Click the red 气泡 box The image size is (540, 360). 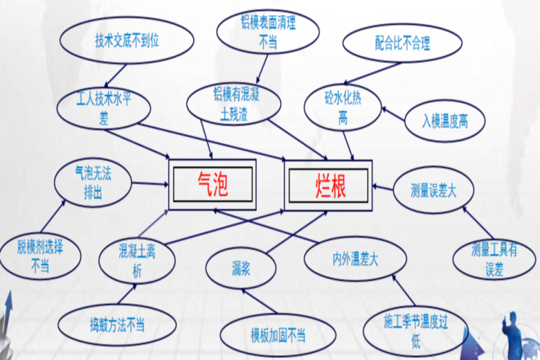pyautogui.click(x=212, y=184)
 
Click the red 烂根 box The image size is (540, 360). pyautogui.click(x=328, y=185)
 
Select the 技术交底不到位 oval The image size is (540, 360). pyautogui.click(x=126, y=40)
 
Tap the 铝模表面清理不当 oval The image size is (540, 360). pyautogui.click(x=268, y=32)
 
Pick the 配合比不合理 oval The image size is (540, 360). pyautogui.click(x=402, y=43)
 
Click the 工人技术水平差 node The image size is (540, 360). pyautogui.click(x=104, y=108)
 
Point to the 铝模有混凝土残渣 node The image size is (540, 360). pyautogui.click(x=234, y=103)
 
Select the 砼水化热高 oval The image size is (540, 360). pyautogui.click(x=342, y=108)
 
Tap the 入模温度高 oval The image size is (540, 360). pyautogui.click(x=445, y=121)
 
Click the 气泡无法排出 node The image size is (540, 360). pyautogui.click(x=93, y=182)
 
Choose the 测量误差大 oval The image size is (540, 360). pyautogui.click(x=433, y=190)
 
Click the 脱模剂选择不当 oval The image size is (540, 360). pyautogui.click(x=40, y=256)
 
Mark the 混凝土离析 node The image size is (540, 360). pyautogui.click(x=137, y=260)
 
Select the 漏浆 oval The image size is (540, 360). pyautogui.click(x=241, y=268)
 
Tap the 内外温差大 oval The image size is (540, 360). pyautogui.click(x=355, y=258)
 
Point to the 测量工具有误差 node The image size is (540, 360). pyautogui.click(x=495, y=259)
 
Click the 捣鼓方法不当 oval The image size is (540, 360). pyautogui.click(x=117, y=325)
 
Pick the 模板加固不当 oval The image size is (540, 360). pyautogui.click(x=278, y=335)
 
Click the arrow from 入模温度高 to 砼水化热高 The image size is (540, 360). pyautogui.click(x=394, y=114)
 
